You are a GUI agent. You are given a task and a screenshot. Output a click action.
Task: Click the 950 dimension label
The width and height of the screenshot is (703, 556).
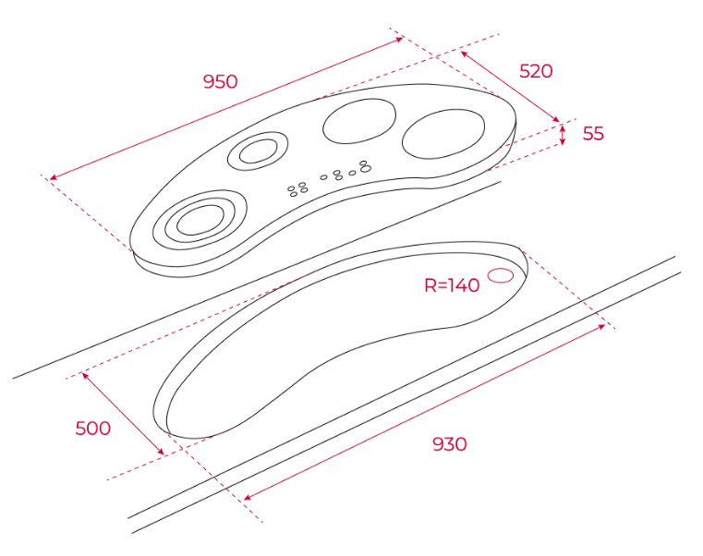[220, 81]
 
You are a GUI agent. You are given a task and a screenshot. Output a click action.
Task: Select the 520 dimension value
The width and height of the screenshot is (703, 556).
[536, 71]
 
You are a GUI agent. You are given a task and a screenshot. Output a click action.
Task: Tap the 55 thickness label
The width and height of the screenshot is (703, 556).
[593, 134]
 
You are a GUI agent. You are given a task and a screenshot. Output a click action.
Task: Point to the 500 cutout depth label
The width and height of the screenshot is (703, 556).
[92, 429]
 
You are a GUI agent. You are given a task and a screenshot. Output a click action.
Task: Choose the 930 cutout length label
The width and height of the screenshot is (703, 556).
[450, 444]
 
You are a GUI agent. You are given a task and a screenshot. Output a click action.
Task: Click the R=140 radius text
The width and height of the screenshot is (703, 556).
[452, 285]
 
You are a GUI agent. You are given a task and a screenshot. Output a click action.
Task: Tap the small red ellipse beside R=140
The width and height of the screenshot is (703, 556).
[501, 275]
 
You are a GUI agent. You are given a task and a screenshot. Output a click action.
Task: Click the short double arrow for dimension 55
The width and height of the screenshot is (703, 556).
[564, 135]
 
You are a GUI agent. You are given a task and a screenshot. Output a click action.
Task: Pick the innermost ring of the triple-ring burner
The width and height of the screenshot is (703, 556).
[200, 220]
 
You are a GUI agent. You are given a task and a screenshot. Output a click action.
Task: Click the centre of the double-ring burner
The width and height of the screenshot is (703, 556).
[258, 151]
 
